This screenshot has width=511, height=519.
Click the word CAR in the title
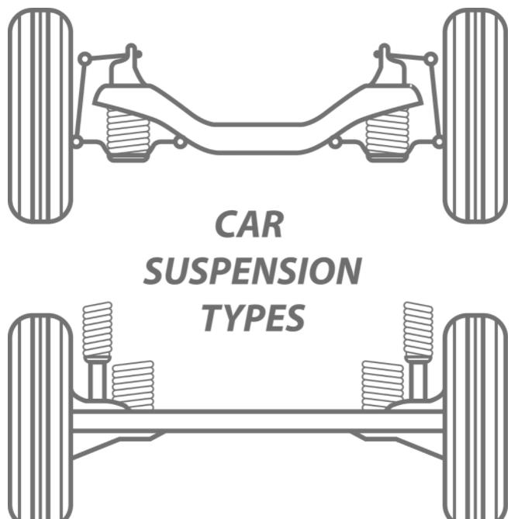(250, 225)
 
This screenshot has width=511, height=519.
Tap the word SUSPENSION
(254, 271)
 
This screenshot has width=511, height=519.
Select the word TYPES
(254, 317)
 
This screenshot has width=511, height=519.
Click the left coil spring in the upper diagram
(127, 133)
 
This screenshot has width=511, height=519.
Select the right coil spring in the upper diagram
(387, 133)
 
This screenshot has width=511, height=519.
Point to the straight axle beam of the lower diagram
(256, 421)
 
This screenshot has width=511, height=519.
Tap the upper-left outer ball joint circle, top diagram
(84, 58)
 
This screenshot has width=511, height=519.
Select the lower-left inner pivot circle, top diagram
(180, 142)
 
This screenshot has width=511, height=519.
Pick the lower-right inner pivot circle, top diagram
(334, 142)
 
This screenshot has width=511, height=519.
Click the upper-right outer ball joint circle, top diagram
(431, 58)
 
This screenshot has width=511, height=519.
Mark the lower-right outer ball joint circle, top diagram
(438, 142)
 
